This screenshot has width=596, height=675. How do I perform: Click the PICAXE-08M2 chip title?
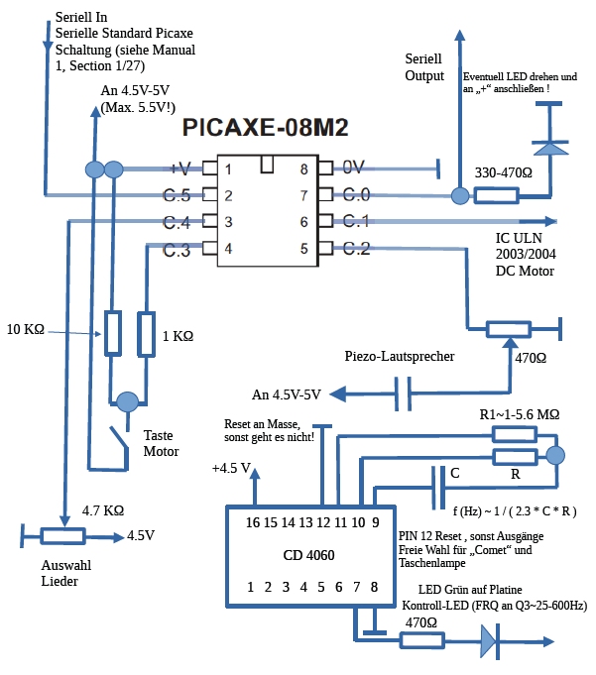[267, 129]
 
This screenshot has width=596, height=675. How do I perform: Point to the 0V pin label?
[354, 168]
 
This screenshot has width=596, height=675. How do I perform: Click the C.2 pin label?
[356, 248]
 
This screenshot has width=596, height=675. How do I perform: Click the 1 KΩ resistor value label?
[177, 337]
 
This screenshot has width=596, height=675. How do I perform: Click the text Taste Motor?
[161, 443]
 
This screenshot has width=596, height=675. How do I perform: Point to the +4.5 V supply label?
[234, 468]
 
